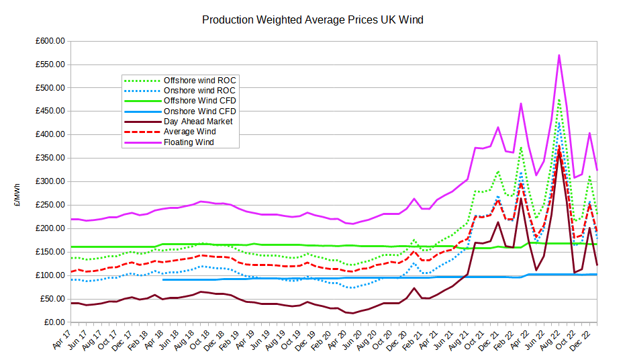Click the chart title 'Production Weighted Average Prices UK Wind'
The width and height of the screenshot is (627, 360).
click(x=313, y=19)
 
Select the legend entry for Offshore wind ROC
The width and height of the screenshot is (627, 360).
click(x=199, y=80)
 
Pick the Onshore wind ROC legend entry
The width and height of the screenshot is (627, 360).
click(x=199, y=90)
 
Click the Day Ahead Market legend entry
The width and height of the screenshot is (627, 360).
click(x=198, y=122)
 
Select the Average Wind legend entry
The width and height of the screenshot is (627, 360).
click(x=189, y=132)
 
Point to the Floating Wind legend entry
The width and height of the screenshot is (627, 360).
click(x=189, y=142)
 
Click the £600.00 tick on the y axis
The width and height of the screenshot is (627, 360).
click(x=50, y=41)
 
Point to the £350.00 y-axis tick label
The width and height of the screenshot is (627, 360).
click(x=50, y=159)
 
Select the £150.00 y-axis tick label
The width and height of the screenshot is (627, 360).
click(x=50, y=252)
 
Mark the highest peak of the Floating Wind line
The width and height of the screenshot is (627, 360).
click(x=559, y=55)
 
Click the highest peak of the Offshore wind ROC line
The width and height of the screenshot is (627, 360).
click(x=559, y=99)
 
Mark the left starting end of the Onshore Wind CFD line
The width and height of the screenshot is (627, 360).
click(x=163, y=279)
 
